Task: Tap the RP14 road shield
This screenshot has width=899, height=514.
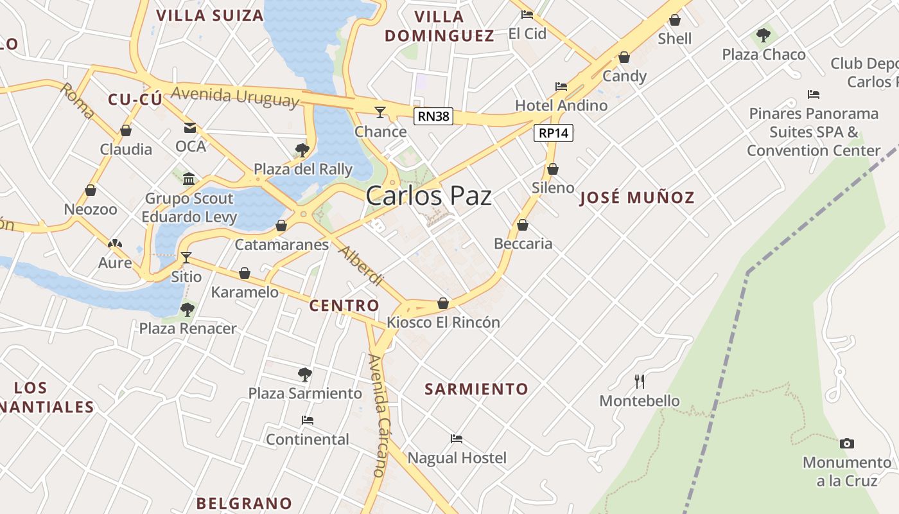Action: pos(553,133)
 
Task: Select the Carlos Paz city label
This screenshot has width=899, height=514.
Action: pos(429,196)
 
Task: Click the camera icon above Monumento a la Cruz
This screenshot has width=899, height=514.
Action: pos(847,443)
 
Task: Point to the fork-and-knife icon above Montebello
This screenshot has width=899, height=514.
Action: pos(640,382)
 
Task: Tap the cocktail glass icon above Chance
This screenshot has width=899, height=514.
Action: pos(380,112)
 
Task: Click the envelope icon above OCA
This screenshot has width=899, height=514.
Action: pos(190,128)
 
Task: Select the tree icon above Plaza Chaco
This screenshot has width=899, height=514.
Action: pos(764,35)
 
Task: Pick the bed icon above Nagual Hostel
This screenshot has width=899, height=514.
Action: pos(457,439)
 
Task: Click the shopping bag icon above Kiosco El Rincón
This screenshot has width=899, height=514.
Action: pos(443,303)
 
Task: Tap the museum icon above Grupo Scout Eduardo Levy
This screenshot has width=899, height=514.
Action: pos(189,179)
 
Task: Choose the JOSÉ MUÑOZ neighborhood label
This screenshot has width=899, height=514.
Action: pos(637,197)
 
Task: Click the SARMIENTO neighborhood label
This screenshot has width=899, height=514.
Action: pos(476,389)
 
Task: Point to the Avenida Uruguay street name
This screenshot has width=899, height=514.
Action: pos(235,96)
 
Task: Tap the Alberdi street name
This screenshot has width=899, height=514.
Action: pos(361,266)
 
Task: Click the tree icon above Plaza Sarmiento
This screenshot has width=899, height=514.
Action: pos(305,374)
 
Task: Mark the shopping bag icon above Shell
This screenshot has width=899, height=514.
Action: pos(675,20)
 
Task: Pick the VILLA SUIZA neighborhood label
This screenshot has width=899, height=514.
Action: pos(210,15)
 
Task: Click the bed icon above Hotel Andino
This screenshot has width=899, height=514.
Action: pos(561,87)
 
